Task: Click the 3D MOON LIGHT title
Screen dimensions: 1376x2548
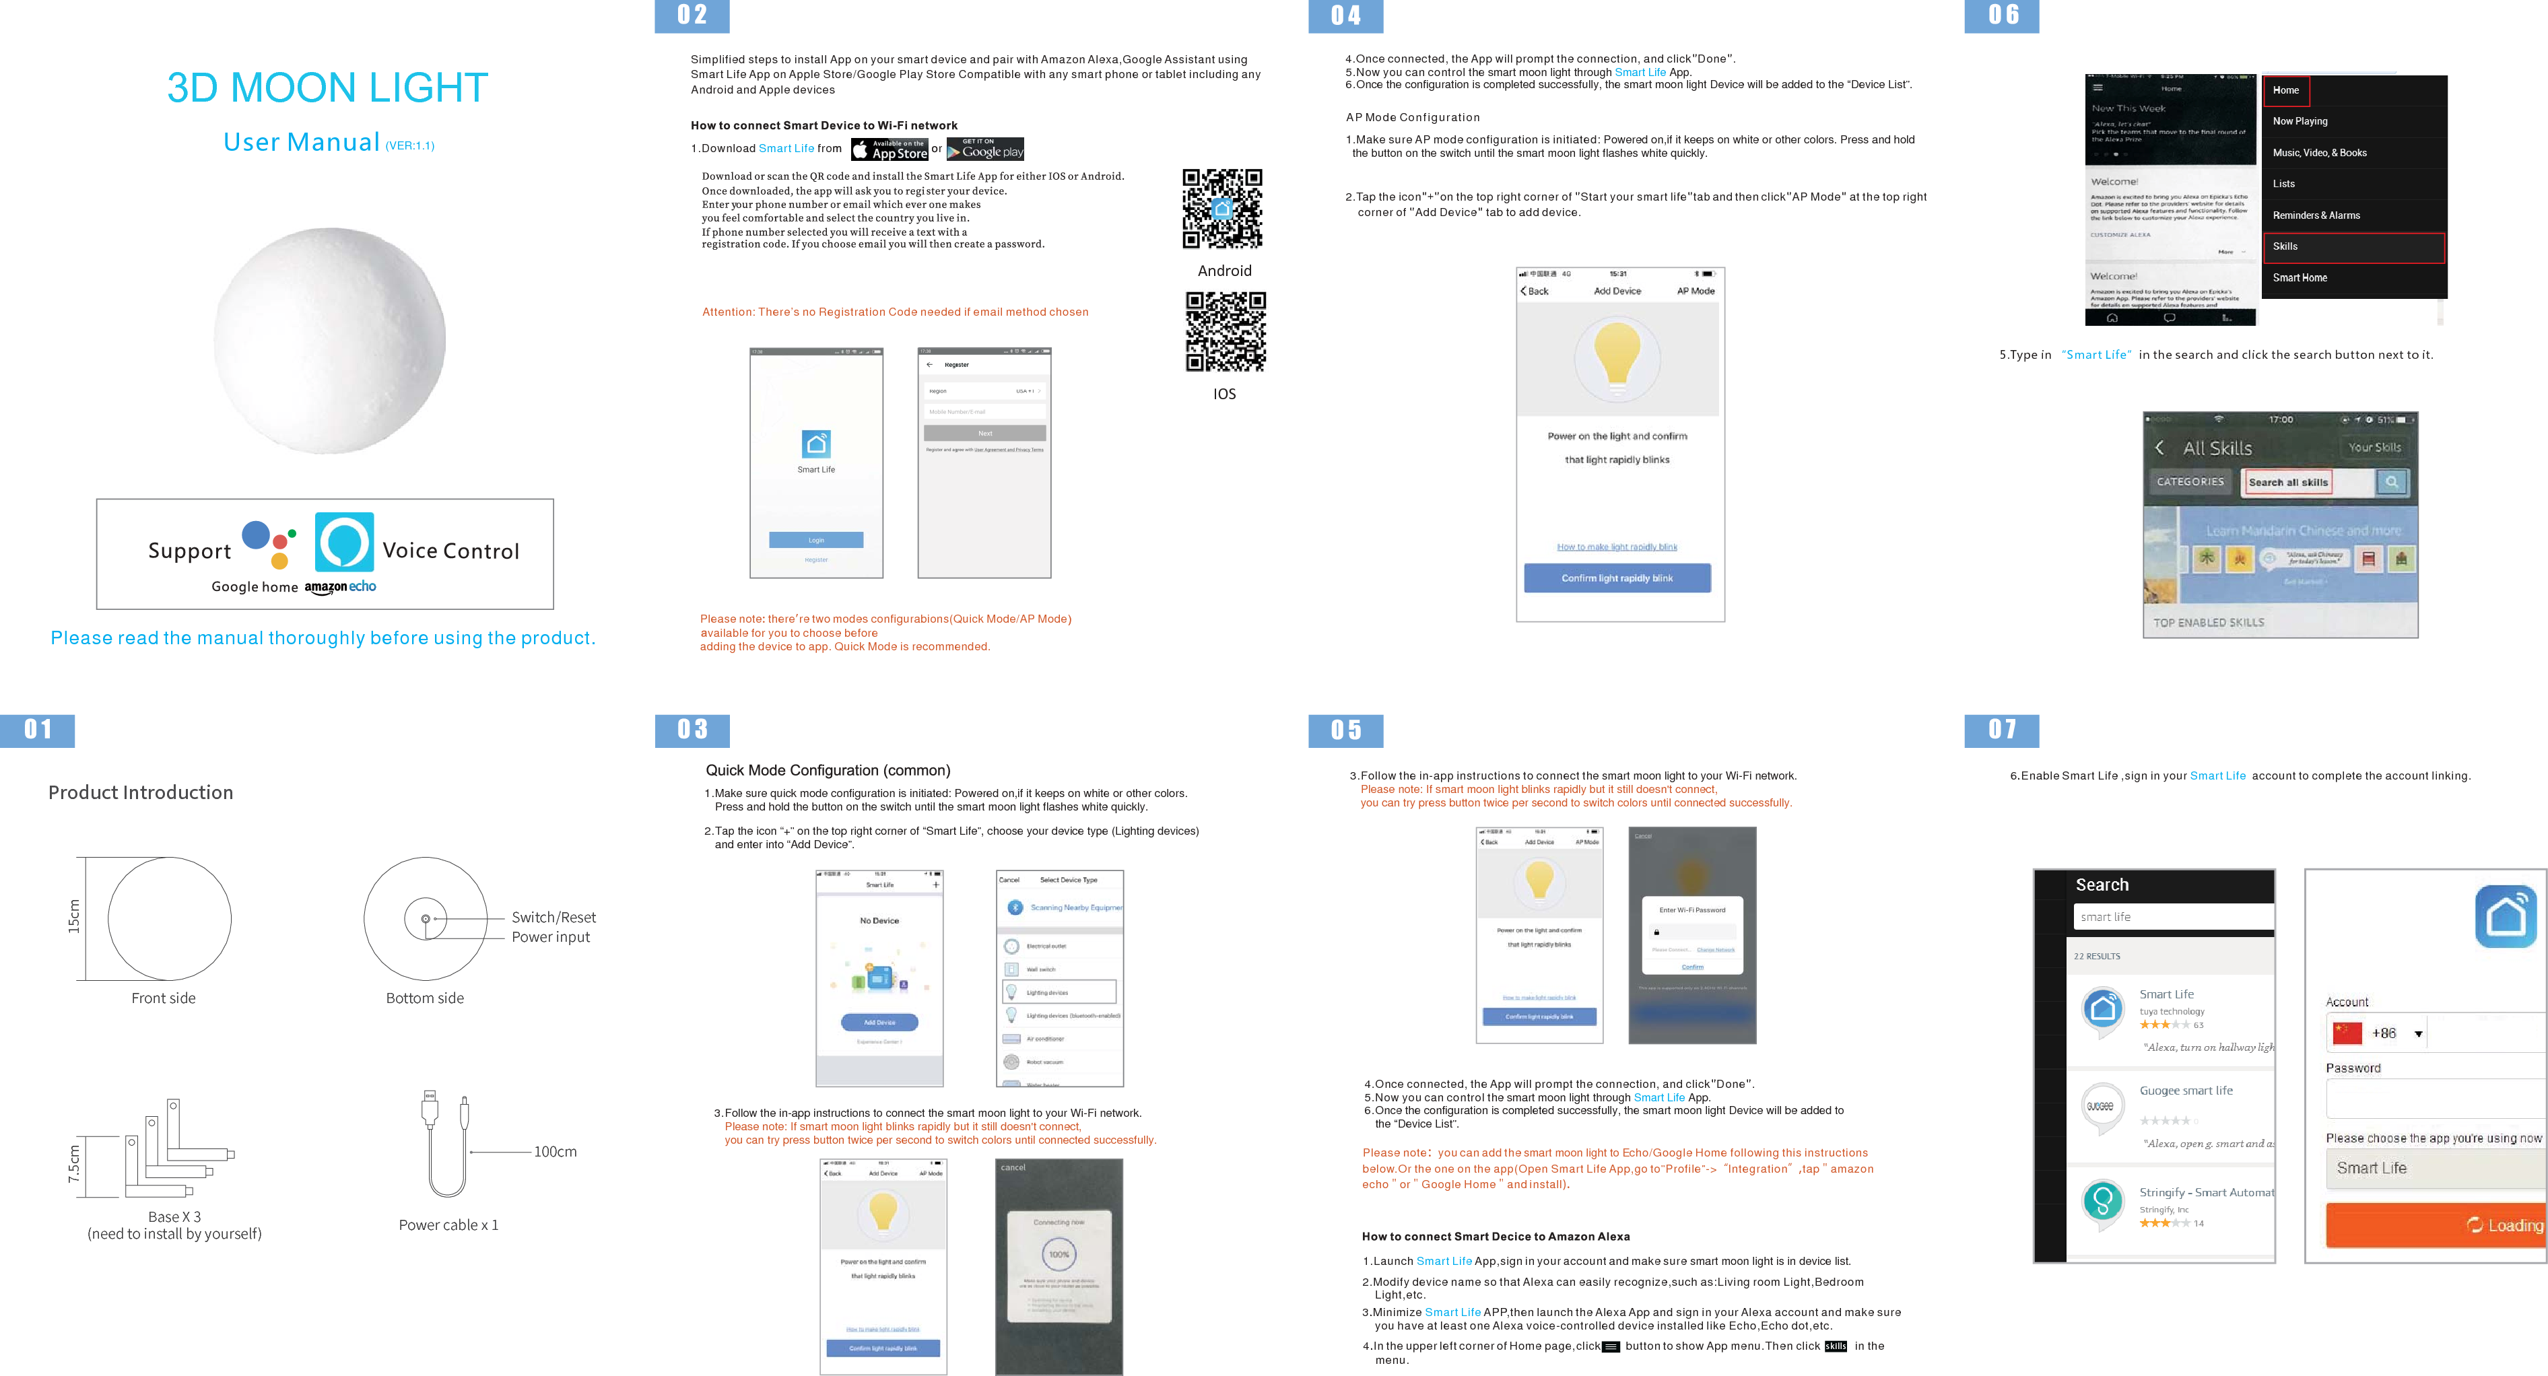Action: pyautogui.click(x=327, y=88)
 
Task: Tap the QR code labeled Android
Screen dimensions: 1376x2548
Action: pyautogui.click(x=1223, y=209)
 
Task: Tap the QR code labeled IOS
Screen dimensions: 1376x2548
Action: pyautogui.click(x=1226, y=331)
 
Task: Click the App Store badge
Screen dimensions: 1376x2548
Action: pyautogui.click(x=890, y=150)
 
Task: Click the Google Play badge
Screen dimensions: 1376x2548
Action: pyautogui.click(x=985, y=149)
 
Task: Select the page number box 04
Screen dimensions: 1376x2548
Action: pyautogui.click(x=1345, y=16)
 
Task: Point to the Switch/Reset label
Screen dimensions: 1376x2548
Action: pyautogui.click(x=553, y=917)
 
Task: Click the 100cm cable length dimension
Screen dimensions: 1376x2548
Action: pyautogui.click(x=555, y=1151)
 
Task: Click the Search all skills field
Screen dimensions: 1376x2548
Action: pyautogui.click(x=2288, y=483)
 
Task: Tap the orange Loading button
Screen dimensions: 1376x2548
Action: pyautogui.click(x=2436, y=1225)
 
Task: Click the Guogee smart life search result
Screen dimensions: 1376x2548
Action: pyautogui.click(x=2185, y=1091)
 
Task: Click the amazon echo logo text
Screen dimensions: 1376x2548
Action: pyautogui.click(x=340, y=586)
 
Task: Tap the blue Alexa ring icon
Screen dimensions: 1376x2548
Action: pyautogui.click(x=344, y=542)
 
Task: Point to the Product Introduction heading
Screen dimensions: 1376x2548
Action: pyautogui.click(x=141, y=792)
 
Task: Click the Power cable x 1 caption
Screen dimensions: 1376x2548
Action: pyautogui.click(x=448, y=1225)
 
